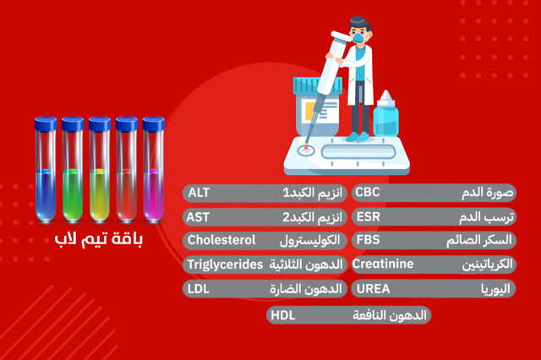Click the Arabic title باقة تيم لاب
(x=99, y=240)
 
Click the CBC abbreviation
(x=368, y=192)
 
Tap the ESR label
(x=368, y=216)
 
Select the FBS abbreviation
(x=368, y=240)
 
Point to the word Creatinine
(x=383, y=265)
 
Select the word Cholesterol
(x=221, y=240)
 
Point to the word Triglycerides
(x=225, y=265)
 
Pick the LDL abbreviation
(x=199, y=289)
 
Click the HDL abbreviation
(x=283, y=315)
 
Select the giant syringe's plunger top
(x=336, y=34)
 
